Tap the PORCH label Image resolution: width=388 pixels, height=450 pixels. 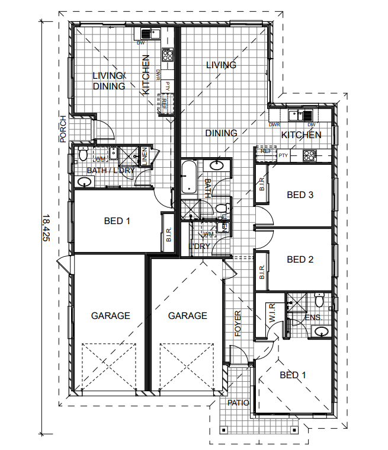pyautogui.click(x=63, y=129)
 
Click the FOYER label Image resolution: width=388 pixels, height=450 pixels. pyautogui.click(x=238, y=324)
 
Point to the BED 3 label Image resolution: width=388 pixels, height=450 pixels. pyautogui.click(x=300, y=194)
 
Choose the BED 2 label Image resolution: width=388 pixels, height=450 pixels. pyautogui.click(x=300, y=259)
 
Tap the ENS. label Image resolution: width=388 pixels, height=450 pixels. pyautogui.click(x=313, y=318)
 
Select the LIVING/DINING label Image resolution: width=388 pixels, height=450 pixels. pyautogui.click(x=110, y=81)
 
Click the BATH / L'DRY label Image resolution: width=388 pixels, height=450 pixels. pyautogui.click(x=111, y=171)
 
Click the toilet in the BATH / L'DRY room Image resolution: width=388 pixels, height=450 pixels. pyautogui.click(x=82, y=156)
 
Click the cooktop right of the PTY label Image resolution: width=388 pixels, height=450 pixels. pyautogui.click(x=309, y=156)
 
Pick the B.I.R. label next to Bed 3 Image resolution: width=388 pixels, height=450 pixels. pyautogui.click(x=262, y=186)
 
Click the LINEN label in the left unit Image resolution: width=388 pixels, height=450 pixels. pyautogui.click(x=143, y=157)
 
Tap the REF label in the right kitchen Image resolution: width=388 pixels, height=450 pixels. pyautogui.click(x=266, y=151)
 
